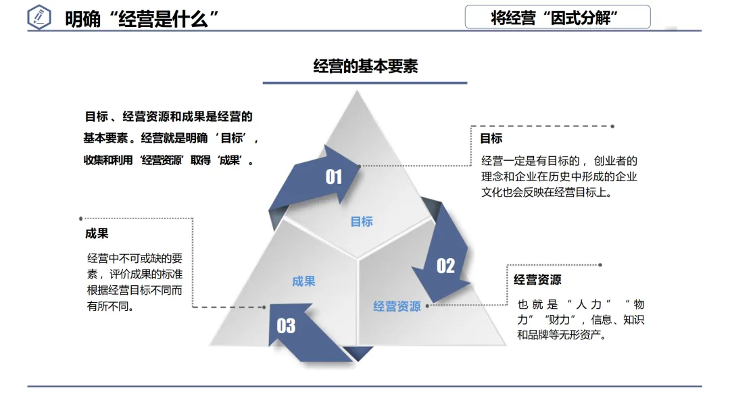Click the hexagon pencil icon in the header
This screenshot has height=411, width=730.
pos(40,18)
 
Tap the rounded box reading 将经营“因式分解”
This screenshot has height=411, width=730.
pos(557,18)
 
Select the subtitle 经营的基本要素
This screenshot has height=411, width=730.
pos(365,66)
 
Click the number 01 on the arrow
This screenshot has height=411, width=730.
pos(334,177)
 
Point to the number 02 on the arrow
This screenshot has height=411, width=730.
pos(445,266)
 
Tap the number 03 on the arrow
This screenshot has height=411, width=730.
pos(286,326)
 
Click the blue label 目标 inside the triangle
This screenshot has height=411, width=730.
pos(362,222)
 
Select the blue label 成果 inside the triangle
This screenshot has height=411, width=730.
pos(303,281)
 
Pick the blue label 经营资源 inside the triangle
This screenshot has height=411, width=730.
pos(397,306)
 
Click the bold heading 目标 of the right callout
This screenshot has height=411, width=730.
pos(491,139)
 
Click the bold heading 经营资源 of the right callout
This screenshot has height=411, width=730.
pos(537,280)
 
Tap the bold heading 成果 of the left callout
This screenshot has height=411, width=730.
pos(97,233)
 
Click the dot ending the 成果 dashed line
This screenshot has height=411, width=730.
pos(264,307)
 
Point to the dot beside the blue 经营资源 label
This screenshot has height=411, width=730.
pos(427,306)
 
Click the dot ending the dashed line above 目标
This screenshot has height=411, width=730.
pos(612,126)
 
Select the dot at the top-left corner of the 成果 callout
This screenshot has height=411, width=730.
pos(81,218)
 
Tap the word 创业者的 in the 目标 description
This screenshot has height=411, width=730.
pos(616,161)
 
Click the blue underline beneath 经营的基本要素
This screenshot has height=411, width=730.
pos(365,83)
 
